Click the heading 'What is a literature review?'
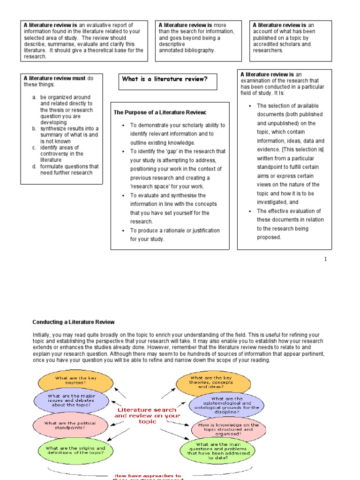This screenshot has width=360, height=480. pyautogui.click(x=165, y=79)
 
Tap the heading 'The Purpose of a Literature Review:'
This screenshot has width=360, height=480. pyautogui.click(x=160, y=112)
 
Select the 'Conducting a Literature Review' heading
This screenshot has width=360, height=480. pyautogui.click(x=73, y=322)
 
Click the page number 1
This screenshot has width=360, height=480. pyautogui.click(x=325, y=259)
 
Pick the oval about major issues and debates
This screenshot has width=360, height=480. pyautogui.click(x=71, y=401)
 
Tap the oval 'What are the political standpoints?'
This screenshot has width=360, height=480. pyautogui.click(x=70, y=426)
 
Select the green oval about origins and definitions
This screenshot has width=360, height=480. pyautogui.click(x=75, y=450)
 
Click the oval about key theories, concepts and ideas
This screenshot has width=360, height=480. pyautogui.click(x=210, y=382)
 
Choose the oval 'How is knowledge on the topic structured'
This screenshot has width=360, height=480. pyautogui.click(x=228, y=428)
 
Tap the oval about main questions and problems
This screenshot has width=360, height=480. pyautogui.click(x=217, y=450)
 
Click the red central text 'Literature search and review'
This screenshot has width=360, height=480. pyautogui.click(x=147, y=415)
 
